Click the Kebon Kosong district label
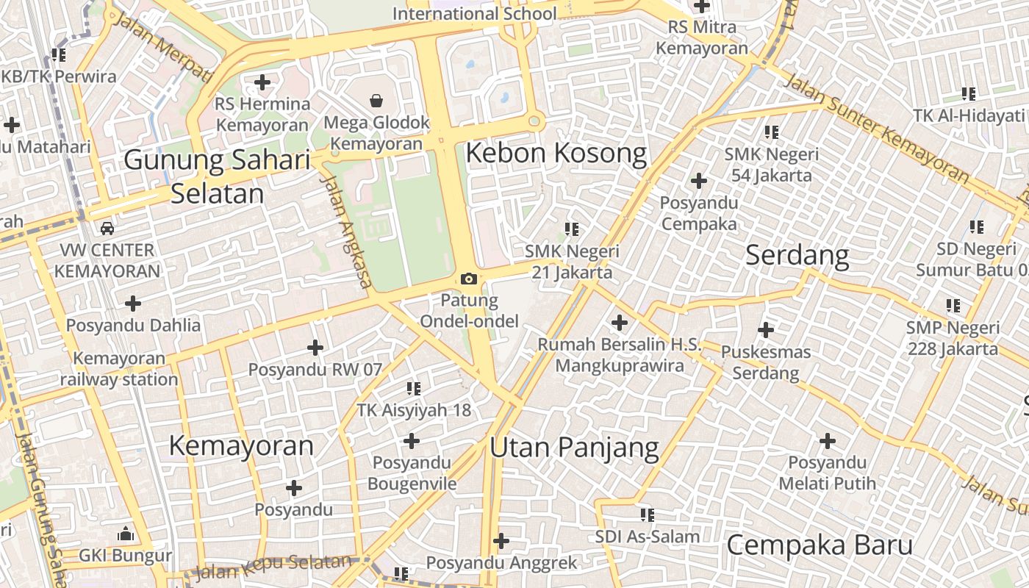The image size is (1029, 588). [x=556, y=154]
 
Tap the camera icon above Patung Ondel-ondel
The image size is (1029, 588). [x=468, y=279]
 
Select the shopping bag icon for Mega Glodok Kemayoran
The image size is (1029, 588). [x=376, y=100]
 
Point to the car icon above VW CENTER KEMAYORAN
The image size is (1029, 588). [x=107, y=228]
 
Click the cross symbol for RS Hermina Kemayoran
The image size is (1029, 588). [x=262, y=82]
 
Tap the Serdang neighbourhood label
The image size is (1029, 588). [x=797, y=255]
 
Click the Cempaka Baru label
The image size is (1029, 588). [x=820, y=545]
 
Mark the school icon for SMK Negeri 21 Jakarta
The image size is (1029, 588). [x=572, y=229]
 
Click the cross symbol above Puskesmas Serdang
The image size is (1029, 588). [x=766, y=329]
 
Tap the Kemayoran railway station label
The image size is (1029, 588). [x=119, y=369]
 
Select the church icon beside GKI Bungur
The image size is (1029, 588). [x=126, y=533]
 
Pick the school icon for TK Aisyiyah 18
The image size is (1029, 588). [x=414, y=387]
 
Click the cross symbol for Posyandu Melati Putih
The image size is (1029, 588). [x=828, y=441]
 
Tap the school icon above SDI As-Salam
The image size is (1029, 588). [x=647, y=514]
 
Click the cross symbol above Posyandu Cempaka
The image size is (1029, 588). [x=698, y=180]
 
